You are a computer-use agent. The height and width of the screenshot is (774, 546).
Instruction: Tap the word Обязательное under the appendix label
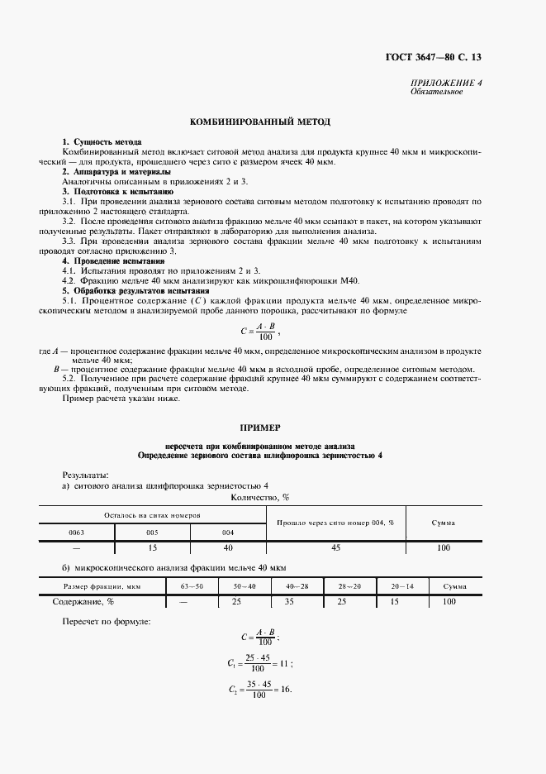pyautogui.click(x=436, y=92)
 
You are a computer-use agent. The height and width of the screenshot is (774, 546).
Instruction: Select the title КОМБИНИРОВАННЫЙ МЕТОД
pyautogui.click(x=260, y=122)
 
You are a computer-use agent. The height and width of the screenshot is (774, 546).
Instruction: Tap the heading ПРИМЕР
pyautogui.click(x=260, y=428)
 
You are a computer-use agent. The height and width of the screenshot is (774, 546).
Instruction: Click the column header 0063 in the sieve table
pyautogui.click(x=77, y=533)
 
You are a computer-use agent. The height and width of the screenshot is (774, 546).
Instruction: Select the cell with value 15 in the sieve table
pyautogui.click(x=152, y=548)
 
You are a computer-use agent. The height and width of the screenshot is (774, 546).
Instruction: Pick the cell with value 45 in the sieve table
pyautogui.click(x=335, y=548)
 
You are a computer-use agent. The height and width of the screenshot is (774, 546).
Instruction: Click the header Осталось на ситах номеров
pyautogui.click(x=153, y=514)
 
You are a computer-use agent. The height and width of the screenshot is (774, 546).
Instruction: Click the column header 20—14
pyautogui.click(x=403, y=586)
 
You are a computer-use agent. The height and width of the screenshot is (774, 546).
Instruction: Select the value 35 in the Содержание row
pyautogui.click(x=289, y=601)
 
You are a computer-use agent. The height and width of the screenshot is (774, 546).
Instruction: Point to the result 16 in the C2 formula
pyautogui.click(x=285, y=690)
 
